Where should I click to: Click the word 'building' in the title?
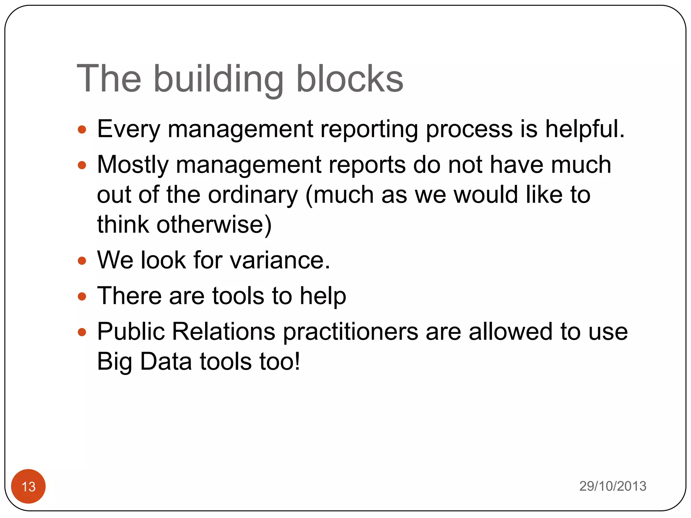coord(218,79)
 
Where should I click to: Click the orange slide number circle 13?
coord(28,486)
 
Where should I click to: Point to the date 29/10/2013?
coord(613,486)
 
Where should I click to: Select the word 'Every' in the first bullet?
coord(129,129)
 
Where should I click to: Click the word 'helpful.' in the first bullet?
coord(585,129)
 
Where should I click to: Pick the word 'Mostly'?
coord(133,165)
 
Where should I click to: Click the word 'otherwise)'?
coord(214,225)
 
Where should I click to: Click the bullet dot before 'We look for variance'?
coord(82,261)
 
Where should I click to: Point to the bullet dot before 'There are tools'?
coord(82,296)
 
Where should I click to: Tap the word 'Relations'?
coord(224,332)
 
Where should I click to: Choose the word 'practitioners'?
coord(351,332)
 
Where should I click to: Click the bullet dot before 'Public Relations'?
coord(82,332)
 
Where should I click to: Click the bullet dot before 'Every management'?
coord(82,129)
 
